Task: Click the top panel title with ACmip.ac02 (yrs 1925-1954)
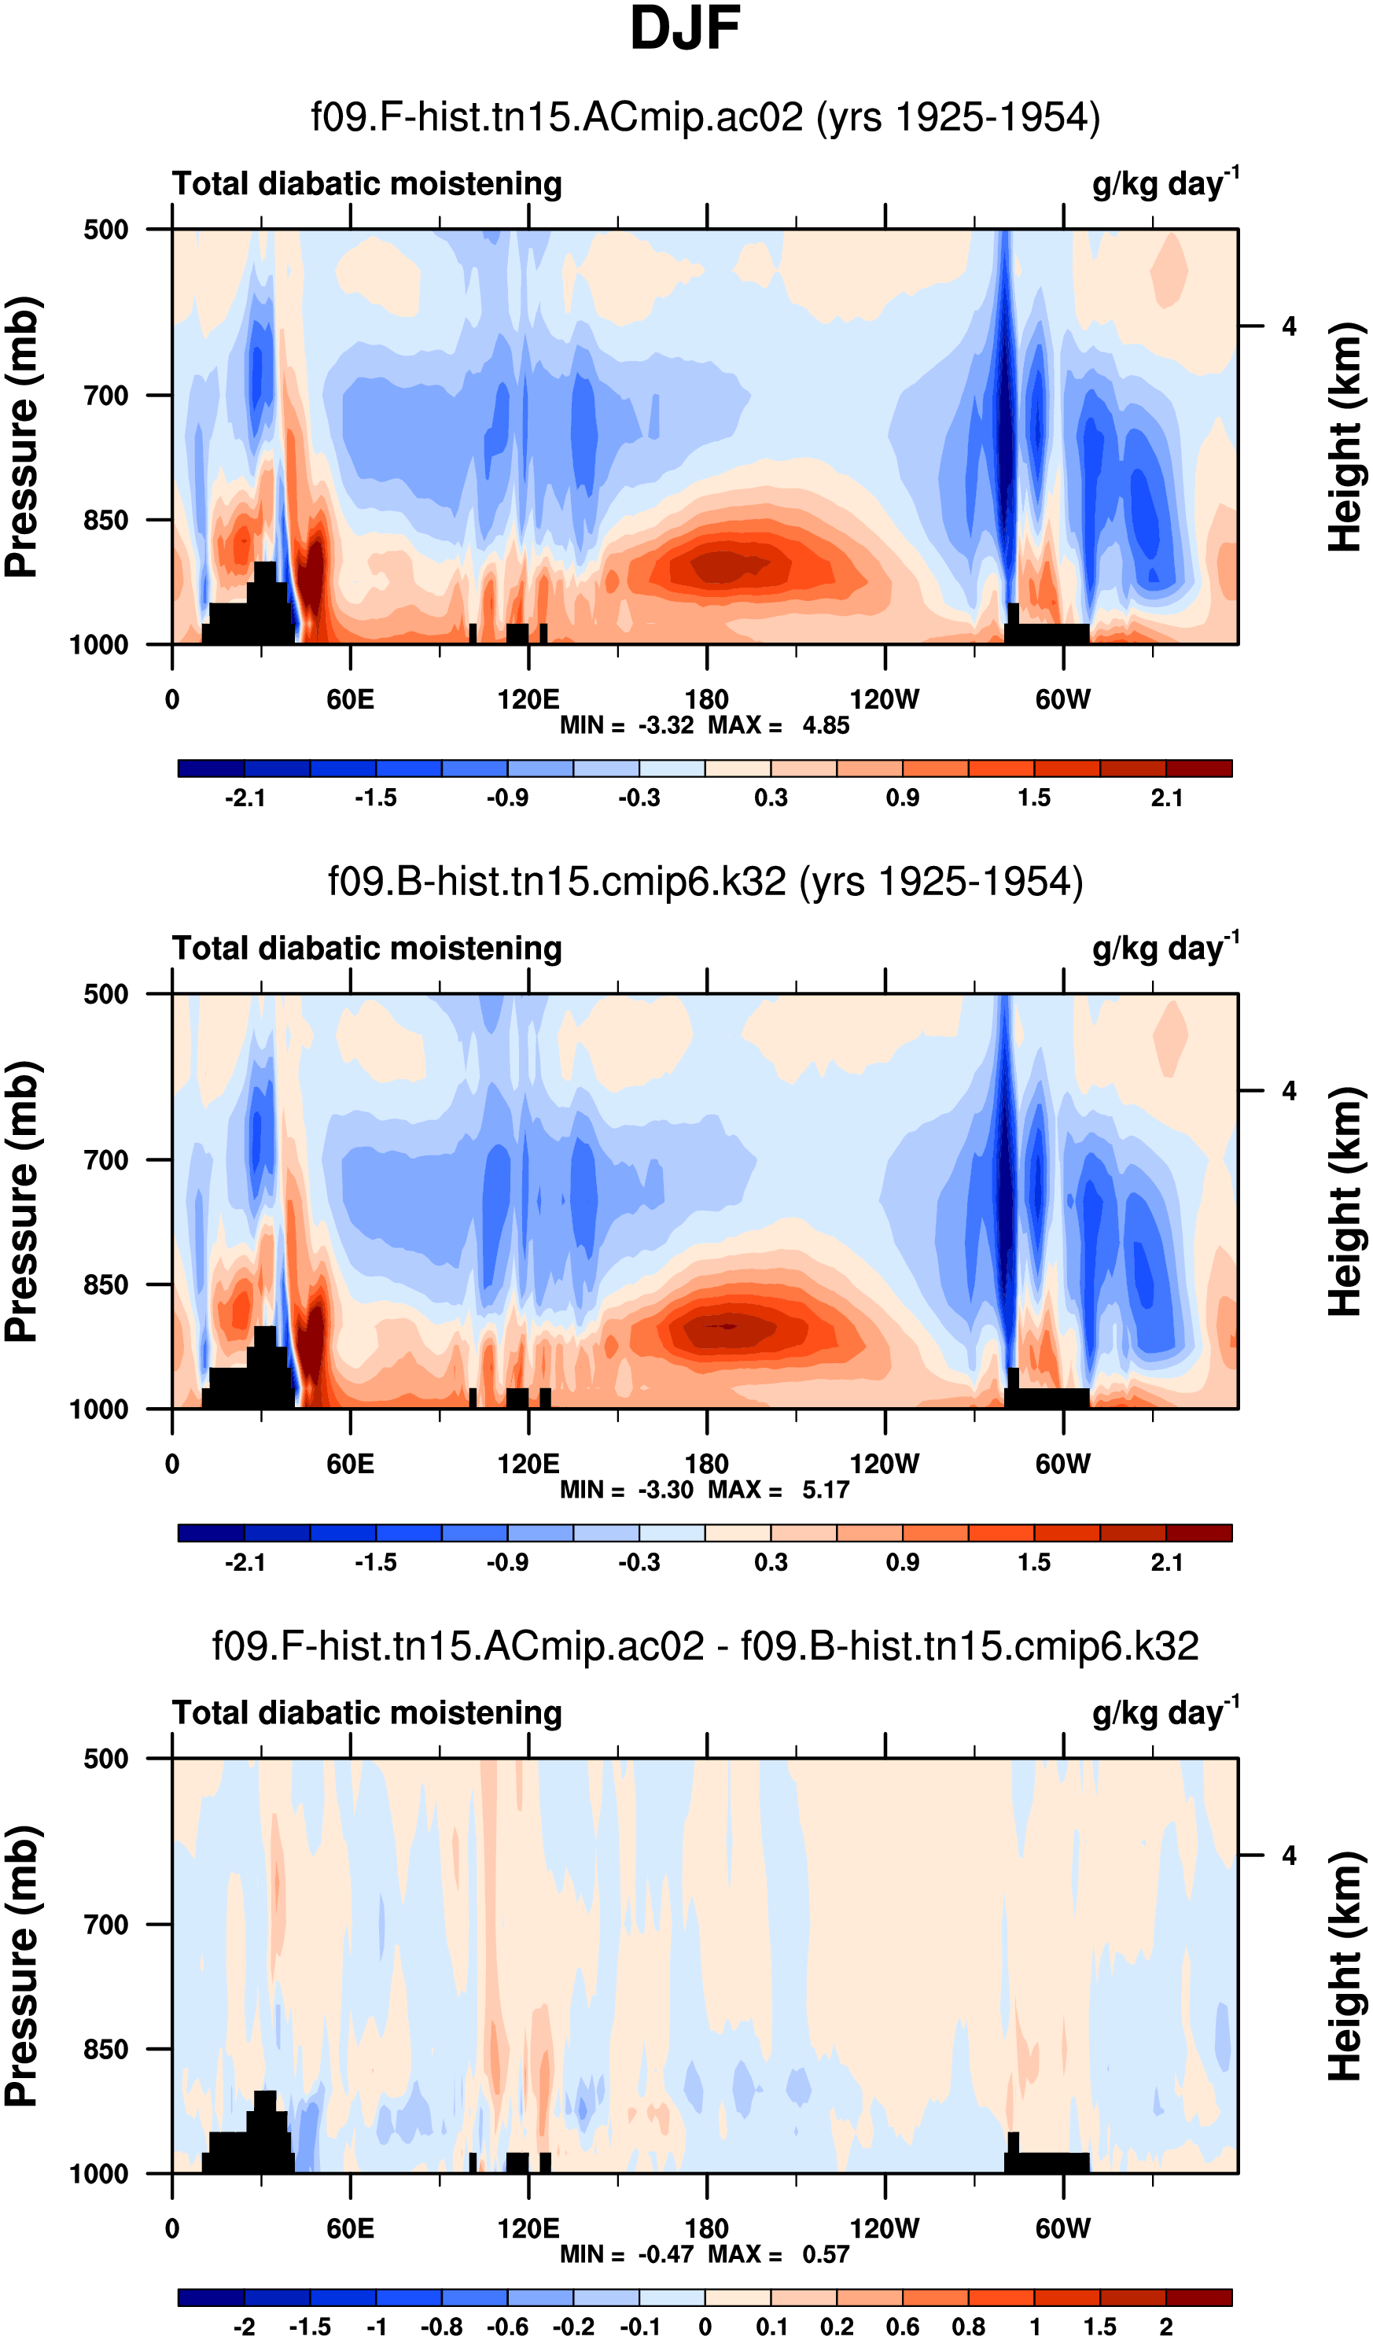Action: pyautogui.click(x=705, y=118)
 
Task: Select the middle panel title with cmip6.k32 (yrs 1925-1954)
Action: pyautogui.click(x=705, y=881)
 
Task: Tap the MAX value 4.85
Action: pyautogui.click(x=825, y=725)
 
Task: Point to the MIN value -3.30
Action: pyautogui.click(x=665, y=1490)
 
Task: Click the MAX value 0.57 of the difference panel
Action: pyautogui.click(x=825, y=2253)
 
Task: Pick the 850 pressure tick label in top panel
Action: pyautogui.click(x=106, y=520)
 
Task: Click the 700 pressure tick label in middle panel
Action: pyautogui.click(x=106, y=1160)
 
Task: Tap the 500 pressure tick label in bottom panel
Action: pyautogui.click(x=106, y=1759)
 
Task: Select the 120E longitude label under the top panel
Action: pyautogui.click(x=528, y=699)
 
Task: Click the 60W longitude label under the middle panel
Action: pyautogui.click(x=1063, y=1465)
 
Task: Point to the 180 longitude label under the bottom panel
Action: pyautogui.click(x=706, y=2228)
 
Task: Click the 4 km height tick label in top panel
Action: pyautogui.click(x=1289, y=327)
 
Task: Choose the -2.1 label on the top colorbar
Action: pyautogui.click(x=245, y=798)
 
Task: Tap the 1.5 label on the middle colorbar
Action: pyautogui.click(x=1034, y=1563)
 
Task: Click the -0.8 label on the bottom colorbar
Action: pyautogui.click(x=442, y=2327)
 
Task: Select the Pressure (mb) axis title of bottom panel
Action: pyautogui.click(x=22, y=1966)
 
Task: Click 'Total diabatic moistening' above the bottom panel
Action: pyautogui.click(x=366, y=1713)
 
